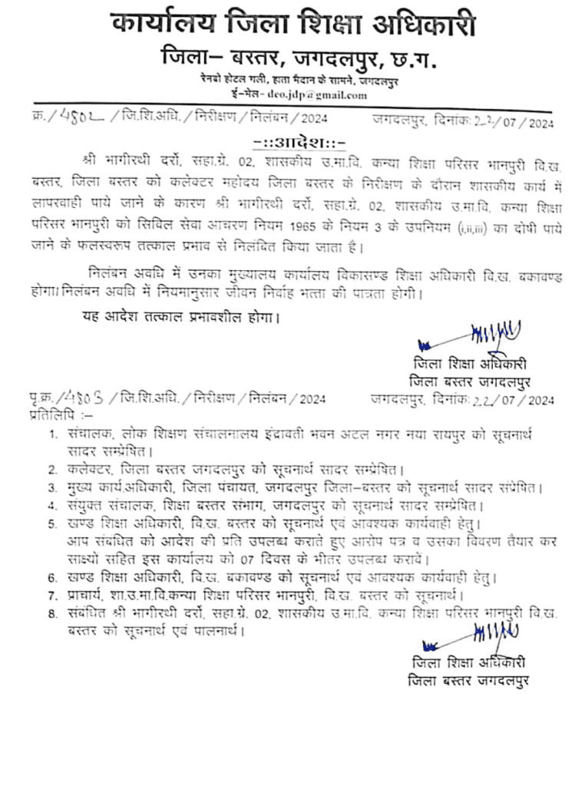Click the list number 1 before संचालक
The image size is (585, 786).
tap(51, 435)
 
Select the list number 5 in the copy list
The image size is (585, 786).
tap(51, 525)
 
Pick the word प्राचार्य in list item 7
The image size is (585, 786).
tap(86, 596)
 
